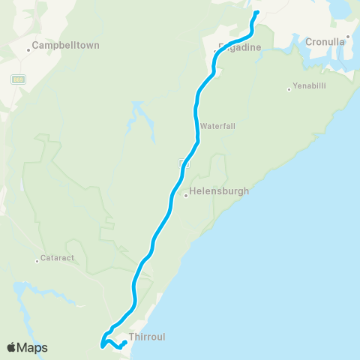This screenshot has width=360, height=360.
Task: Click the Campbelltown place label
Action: pos(67,45)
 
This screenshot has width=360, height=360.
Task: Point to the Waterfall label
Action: pos(217,126)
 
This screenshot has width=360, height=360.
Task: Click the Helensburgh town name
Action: pos(219,191)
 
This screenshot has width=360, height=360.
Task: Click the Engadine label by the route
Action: pos(239,47)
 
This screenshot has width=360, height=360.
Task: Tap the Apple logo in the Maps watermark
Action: pos(12,347)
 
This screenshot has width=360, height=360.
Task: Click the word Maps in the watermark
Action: pos(33,347)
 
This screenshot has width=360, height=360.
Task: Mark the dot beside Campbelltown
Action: pos(29,50)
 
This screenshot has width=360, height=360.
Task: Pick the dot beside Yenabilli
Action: pos(289,90)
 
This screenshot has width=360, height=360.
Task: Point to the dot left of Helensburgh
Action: pos(185,196)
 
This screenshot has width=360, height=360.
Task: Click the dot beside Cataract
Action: pos(37,261)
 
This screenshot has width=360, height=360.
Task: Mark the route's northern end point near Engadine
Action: pos(256,13)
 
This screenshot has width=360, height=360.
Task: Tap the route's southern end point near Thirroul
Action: pos(124,343)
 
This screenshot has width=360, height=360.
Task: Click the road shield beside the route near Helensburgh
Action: pos(183,163)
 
